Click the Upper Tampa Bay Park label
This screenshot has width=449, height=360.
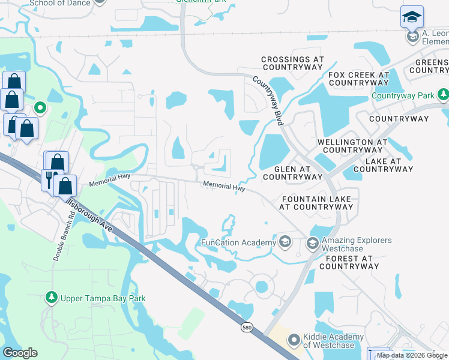(x=104, y=298)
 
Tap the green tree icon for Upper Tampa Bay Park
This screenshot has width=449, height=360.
(x=52, y=298)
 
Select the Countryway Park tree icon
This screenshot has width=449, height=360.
(x=443, y=95)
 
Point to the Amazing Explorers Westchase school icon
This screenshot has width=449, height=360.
(x=312, y=244)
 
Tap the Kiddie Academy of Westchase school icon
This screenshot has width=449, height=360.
(x=294, y=340)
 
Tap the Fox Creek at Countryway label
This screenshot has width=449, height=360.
(x=359, y=79)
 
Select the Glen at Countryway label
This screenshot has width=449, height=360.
(x=293, y=173)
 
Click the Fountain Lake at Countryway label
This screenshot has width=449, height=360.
(x=316, y=203)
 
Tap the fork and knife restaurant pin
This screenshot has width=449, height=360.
(x=49, y=179)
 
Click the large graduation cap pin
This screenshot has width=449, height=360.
(x=412, y=17)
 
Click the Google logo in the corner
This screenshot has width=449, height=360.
(x=20, y=353)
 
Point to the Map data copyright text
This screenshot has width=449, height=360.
(x=412, y=355)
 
